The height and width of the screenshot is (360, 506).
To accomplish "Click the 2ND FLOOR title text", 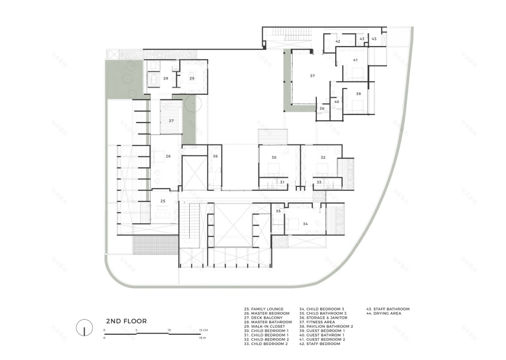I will click(126, 321).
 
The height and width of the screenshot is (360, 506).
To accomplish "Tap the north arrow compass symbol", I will click(84, 327).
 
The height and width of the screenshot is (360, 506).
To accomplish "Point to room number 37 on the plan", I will click(312, 76).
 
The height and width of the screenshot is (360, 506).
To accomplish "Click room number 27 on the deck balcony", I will click(171, 121).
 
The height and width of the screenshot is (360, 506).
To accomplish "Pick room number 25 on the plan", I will click(163, 201).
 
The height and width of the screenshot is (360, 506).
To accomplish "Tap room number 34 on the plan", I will click(305, 224).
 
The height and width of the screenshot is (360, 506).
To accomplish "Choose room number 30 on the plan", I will click(274, 157).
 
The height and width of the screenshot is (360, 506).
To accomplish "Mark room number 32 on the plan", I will click(323, 157).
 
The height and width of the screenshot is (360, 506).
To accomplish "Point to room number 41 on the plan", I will click(355, 60).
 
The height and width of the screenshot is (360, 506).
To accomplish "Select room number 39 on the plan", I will click(358, 93).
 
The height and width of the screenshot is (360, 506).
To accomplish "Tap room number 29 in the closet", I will click(192, 78).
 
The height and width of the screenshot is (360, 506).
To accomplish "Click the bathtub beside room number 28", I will click(154, 78).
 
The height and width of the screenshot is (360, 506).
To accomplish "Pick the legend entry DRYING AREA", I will click(390, 313).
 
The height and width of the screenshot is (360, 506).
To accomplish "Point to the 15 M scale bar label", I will click(202, 339).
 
